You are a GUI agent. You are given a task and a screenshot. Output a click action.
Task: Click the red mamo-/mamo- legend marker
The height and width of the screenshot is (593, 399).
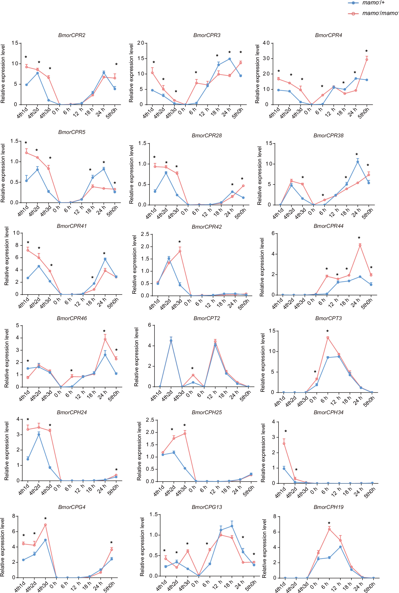[x=353, y=13]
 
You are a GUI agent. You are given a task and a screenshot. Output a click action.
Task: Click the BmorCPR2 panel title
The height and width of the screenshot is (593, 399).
[x=72, y=35]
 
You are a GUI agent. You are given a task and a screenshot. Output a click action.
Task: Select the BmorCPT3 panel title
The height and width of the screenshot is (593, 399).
[x=328, y=318]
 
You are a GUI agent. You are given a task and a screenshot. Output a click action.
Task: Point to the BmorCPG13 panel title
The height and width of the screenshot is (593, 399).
[x=207, y=507]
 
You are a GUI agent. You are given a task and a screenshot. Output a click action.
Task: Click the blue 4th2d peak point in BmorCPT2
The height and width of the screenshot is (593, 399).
[x=171, y=341]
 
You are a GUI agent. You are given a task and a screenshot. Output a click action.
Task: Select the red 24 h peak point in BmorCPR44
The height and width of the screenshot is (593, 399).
[x=360, y=245]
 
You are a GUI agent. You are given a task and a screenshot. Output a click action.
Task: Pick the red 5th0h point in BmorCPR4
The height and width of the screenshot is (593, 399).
[x=367, y=60]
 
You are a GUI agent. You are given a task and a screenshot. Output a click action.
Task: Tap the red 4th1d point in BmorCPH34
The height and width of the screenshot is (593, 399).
[x=284, y=443]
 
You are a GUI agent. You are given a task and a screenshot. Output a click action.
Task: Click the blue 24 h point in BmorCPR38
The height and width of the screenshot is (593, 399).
[x=358, y=162]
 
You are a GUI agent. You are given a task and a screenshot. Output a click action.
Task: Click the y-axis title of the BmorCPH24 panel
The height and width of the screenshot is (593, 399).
[x=7, y=451]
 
